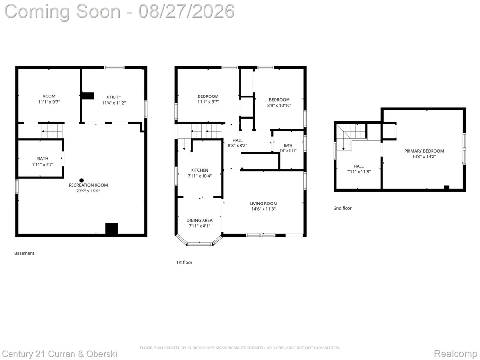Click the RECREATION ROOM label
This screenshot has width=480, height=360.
88,185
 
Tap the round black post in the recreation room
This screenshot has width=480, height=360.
81,180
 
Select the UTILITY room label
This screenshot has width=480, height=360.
114,97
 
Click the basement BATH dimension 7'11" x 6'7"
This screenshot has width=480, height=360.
43,164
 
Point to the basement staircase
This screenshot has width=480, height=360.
52,131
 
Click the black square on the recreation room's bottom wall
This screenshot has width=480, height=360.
111,228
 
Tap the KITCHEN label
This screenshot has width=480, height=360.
200,170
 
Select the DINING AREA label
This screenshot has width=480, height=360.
199,220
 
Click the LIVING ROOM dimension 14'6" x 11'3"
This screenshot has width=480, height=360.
263,209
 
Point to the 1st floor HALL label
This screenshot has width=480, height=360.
237,141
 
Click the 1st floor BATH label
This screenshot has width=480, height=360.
288,146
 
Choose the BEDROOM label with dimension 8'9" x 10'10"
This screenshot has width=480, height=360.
279,100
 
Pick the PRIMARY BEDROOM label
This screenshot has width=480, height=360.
424,151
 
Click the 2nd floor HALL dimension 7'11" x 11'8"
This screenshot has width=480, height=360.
359,172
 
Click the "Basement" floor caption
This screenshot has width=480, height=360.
24,253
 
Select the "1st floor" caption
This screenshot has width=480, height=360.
184,263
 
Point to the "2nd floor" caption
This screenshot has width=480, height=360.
343,208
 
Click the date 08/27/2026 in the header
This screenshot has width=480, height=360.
186,12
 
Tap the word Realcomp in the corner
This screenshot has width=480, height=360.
455,354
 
